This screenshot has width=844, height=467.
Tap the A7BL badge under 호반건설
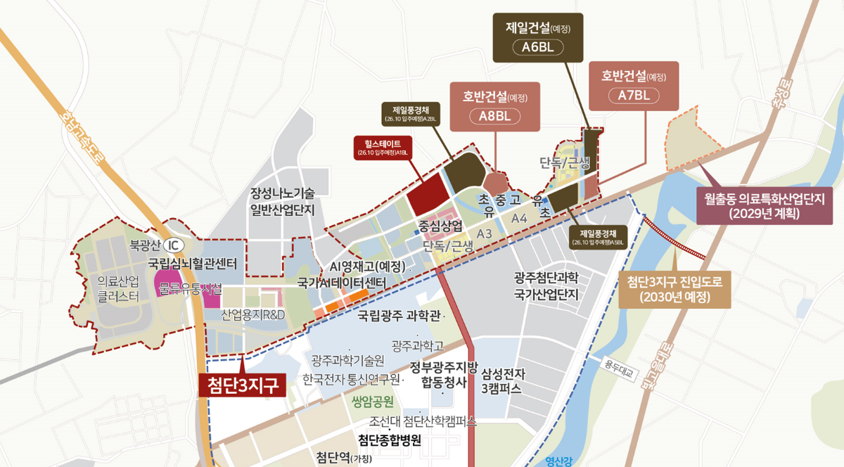(634, 96)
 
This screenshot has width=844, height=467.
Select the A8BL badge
(494, 116)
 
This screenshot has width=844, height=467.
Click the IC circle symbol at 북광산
(172, 246)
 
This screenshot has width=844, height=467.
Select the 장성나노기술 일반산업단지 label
(281, 201)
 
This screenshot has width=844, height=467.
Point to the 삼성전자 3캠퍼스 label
(503, 380)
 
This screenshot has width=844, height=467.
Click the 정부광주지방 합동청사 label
(445, 374)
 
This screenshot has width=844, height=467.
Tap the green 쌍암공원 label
(371, 402)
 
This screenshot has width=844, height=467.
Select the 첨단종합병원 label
(390, 440)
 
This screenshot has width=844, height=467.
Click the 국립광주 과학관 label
(399, 317)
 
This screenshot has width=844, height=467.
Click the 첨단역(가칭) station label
(344, 457)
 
